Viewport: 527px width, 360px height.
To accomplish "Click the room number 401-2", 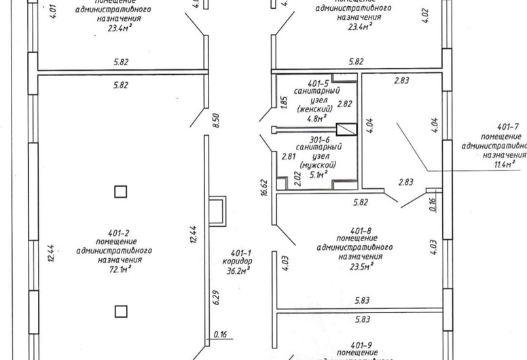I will [120, 232].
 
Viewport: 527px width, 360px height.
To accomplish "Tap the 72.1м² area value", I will [120, 268].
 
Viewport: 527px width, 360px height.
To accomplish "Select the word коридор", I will [237, 261].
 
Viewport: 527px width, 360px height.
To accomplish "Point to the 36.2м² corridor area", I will [237, 270].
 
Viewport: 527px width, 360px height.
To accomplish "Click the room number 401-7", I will [508, 127].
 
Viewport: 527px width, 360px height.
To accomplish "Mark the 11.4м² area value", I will [509, 164].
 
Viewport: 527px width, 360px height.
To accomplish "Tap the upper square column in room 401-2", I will [120, 192].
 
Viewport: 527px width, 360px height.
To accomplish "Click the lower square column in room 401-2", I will [120, 311].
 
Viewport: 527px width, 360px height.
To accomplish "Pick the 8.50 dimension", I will [217, 121].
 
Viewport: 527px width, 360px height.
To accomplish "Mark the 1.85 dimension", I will [284, 102].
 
